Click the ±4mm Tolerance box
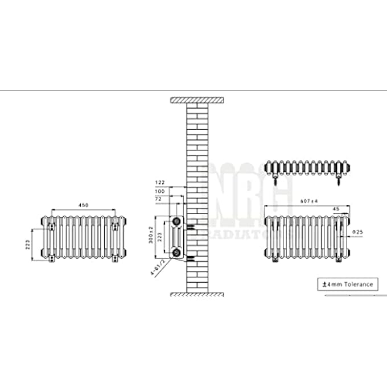click(347, 283)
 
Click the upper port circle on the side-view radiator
click(178, 221)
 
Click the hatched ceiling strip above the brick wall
click(196, 101)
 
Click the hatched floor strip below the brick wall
click(196, 294)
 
